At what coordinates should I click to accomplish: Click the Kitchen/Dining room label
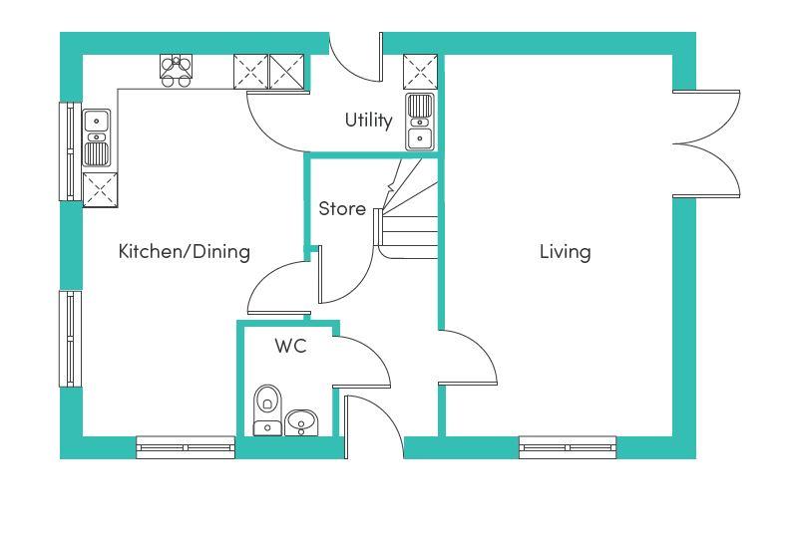coord(184,251)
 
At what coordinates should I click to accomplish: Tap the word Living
coord(565,252)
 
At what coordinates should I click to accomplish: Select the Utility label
coord(368,121)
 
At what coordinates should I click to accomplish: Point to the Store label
coord(342,208)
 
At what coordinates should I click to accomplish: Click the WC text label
coord(290,346)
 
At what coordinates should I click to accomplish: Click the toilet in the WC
coord(267,410)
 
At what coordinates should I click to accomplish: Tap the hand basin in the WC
coord(301,422)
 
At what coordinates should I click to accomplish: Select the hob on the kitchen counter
coord(176,71)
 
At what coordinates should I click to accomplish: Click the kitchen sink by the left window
coord(96,137)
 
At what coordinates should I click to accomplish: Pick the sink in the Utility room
coord(420,121)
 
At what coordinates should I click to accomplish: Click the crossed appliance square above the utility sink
coord(420,72)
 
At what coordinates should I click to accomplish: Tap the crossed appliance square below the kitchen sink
coord(100,189)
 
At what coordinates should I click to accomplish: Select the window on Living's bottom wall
coord(568,447)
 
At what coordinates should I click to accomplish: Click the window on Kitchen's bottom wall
coord(186,447)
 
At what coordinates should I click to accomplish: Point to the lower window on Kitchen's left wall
coord(71,339)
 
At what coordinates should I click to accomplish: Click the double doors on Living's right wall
coord(706,143)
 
